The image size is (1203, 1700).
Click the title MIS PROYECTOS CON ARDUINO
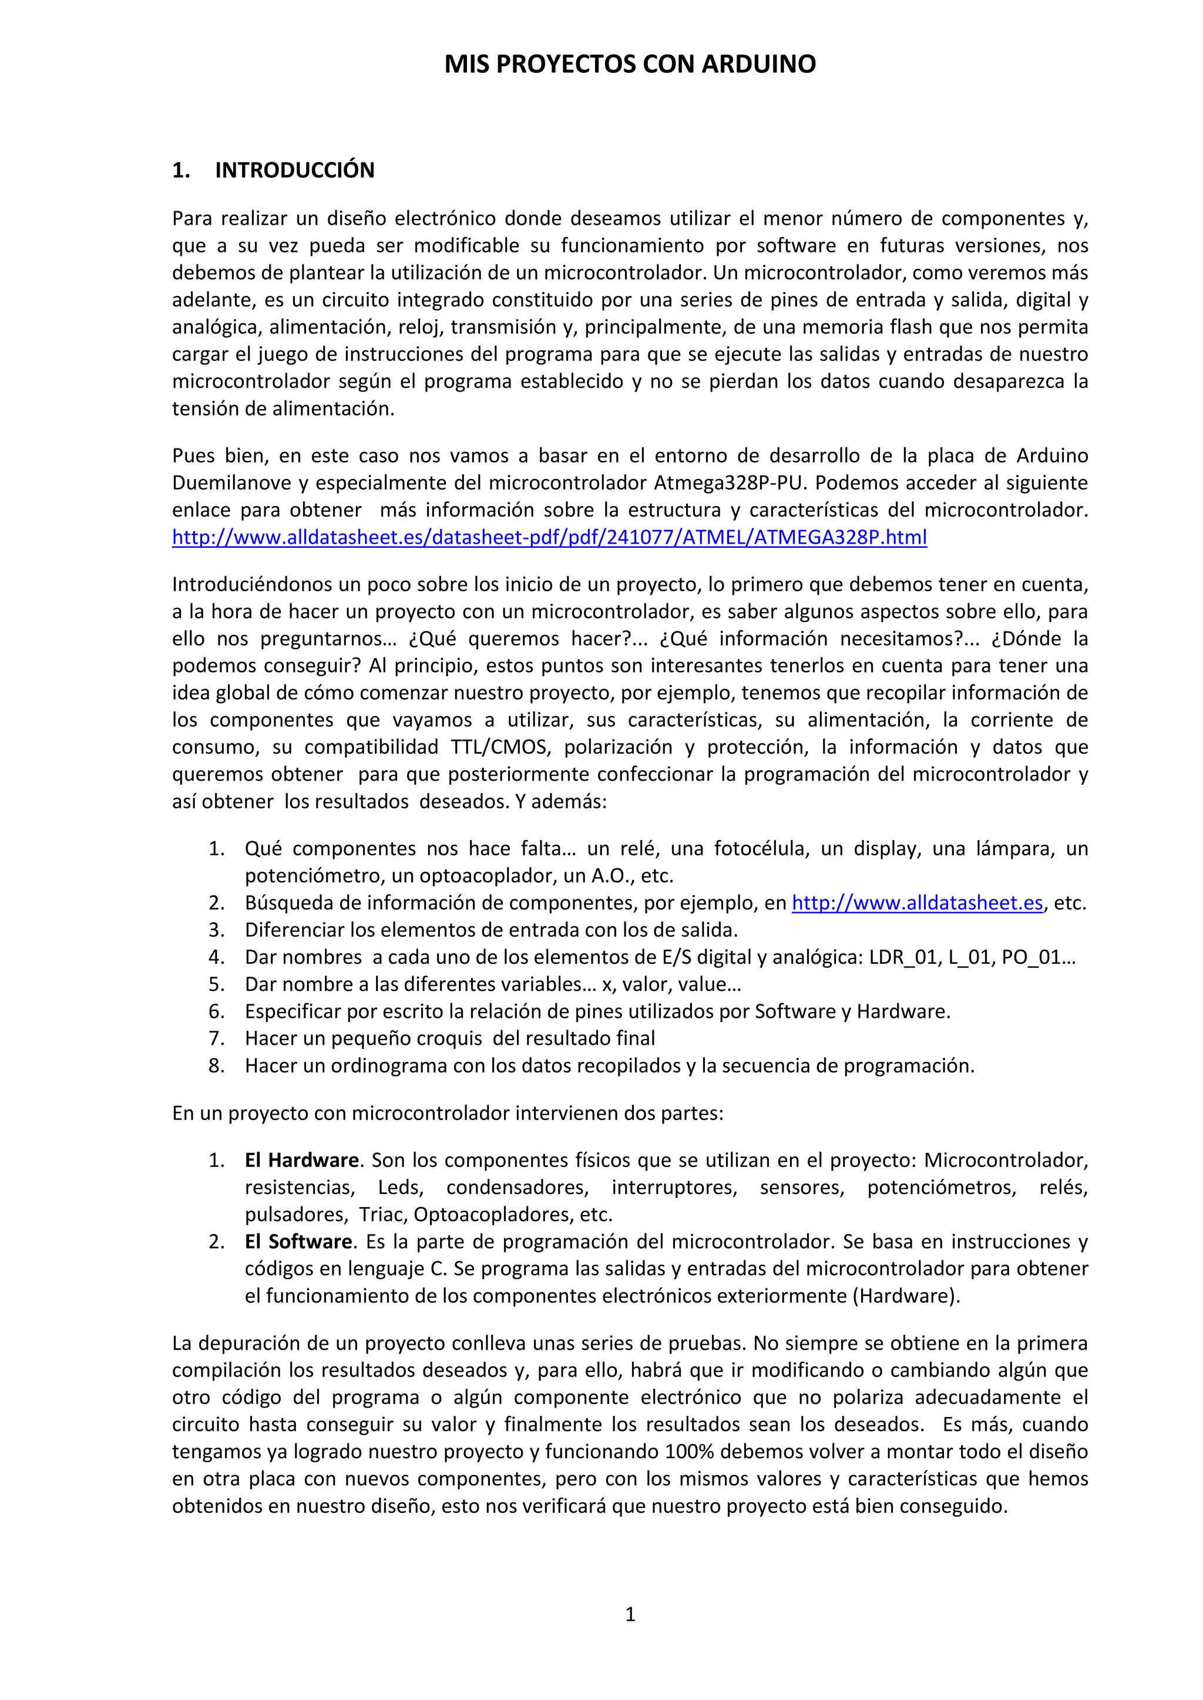pos(630,65)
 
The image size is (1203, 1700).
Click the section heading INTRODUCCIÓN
pos(294,170)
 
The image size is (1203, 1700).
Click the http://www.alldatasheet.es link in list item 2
pos(917,903)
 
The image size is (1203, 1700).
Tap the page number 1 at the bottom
pos(630,1614)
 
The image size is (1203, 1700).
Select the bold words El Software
pos(298,1241)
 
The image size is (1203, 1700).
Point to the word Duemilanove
pos(231,483)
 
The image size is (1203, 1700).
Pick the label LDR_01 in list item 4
pos(903,957)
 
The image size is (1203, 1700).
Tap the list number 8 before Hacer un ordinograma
pos(216,1065)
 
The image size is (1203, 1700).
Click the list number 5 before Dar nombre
pos(216,984)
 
